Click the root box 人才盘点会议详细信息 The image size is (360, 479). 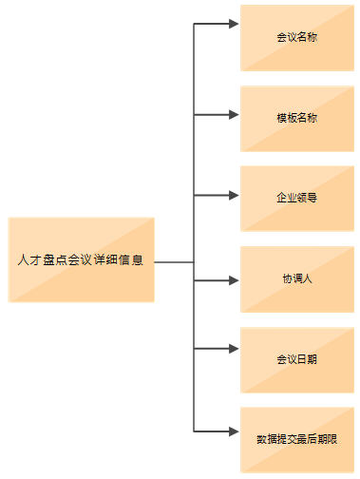click(81, 259)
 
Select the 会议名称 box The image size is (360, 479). click(296, 38)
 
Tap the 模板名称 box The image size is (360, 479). click(296, 119)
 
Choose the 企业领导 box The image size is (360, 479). click(296, 199)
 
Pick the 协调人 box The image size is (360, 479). click(296, 279)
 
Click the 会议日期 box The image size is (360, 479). click(296, 360)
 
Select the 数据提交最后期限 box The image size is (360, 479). click(296, 440)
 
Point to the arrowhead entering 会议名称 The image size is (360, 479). click(234, 24)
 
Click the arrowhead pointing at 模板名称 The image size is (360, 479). click(234, 115)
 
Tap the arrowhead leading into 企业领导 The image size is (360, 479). click(234, 196)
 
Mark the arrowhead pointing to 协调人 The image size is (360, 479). click(234, 280)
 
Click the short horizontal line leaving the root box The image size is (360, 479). click(174, 261)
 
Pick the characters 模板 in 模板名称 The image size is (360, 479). click(286, 119)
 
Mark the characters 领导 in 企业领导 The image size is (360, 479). click(307, 199)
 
